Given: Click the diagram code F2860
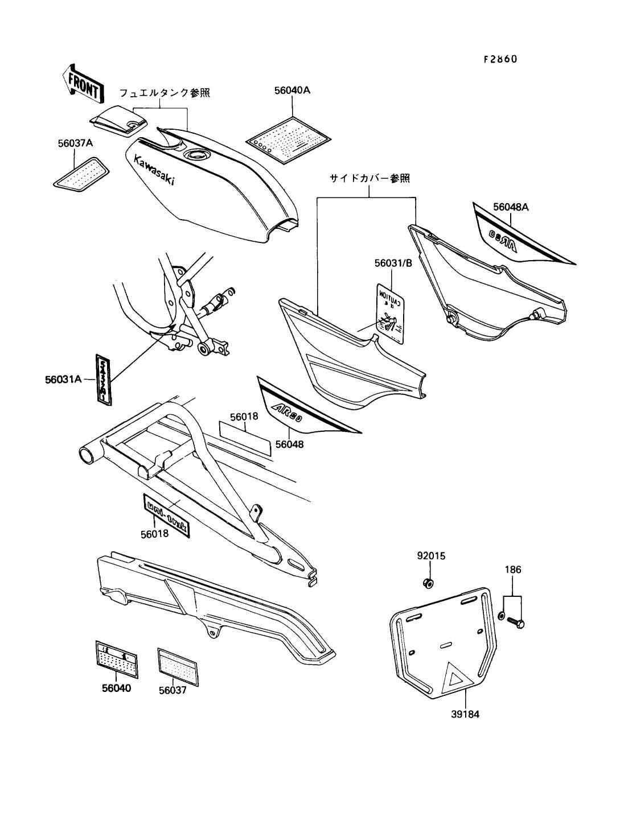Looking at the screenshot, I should pos(500,59).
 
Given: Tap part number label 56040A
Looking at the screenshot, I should pos(293,90).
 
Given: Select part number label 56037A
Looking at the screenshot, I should pos(75,144).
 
